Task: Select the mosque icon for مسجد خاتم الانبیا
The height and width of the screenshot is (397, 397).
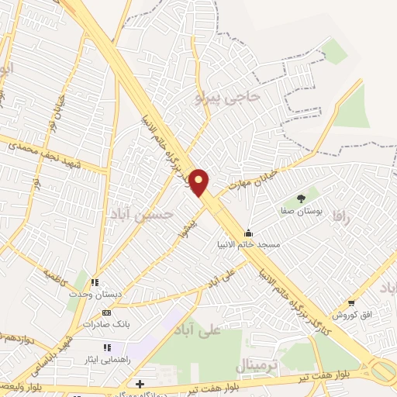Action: [x=248, y=233]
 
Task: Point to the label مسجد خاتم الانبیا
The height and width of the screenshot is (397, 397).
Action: [x=248, y=245]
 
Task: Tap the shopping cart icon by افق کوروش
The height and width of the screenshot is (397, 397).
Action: [x=351, y=303]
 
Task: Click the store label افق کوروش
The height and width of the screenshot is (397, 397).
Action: [x=353, y=315]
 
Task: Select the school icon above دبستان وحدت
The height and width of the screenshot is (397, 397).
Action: [x=95, y=283]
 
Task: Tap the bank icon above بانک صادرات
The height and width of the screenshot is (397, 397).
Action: [x=106, y=312]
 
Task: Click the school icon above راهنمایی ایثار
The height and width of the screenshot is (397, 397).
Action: [x=105, y=348]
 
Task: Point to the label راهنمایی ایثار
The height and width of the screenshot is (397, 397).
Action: [x=105, y=360]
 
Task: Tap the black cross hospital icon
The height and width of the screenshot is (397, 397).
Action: [x=139, y=384]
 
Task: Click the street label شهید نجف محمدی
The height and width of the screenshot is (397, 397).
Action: [x=55, y=149]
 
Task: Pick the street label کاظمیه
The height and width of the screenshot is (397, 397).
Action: [x=56, y=276]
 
